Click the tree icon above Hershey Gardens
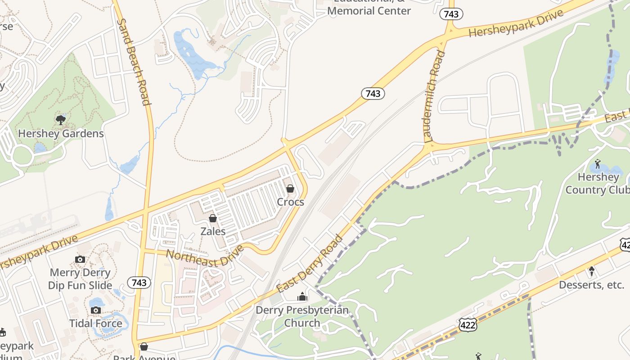pyautogui.click(x=61, y=120)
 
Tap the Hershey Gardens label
pyautogui.click(x=61, y=134)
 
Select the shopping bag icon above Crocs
pyautogui.click(x=290, y=189)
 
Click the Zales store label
pyautogui.click(x=213, y=231)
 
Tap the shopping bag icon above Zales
pyautogui.click(x=213, y=218)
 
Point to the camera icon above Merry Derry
pyautogui.click(x=80, y=259)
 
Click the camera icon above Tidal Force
pyautogui.click(x=95, y=310)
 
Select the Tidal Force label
pyautogui.click(x=95, y=324)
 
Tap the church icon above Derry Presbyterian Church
pyautogui.click(x=302, y=297)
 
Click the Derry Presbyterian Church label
pyautogui.click(x=302, y=316)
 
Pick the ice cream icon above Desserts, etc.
pyautogui.click(x=592, y=271)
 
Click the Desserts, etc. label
pyautogui.click(x=591, y=285)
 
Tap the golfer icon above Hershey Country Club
pyautogui.click(x=598, y=164)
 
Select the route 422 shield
pyautogui.click(x=468, y=325)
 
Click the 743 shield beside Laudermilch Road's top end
pyautogui.click(x=451, y=14)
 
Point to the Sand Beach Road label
pyautogui.click(x=133, y=62)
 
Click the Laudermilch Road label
pyautogui.click(x=434, y=96)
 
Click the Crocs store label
pyautogui.click(x=290, y=202)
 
